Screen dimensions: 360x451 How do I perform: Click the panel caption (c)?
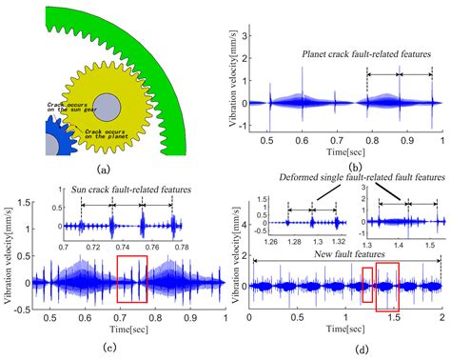point(112,346)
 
